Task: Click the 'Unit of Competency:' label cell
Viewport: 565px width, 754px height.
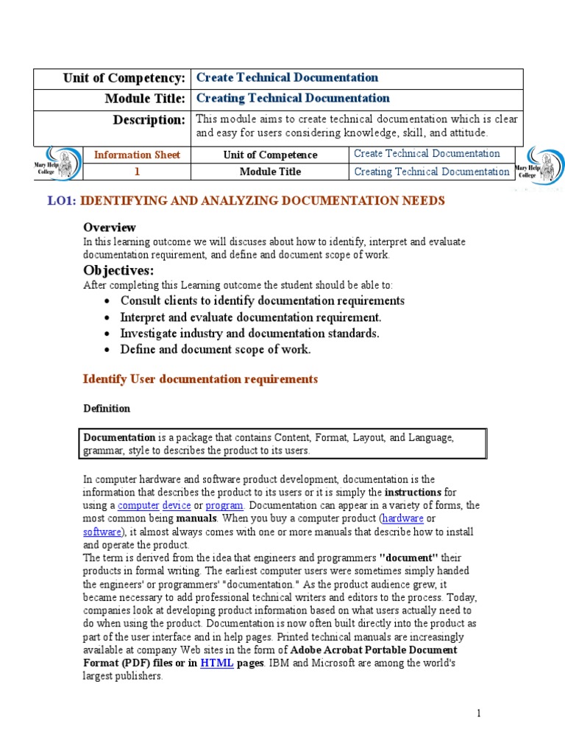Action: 124,78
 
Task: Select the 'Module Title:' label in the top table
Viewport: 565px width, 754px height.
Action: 144,99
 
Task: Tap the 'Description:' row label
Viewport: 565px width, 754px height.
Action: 149,119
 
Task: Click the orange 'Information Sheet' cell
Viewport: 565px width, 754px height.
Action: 137,155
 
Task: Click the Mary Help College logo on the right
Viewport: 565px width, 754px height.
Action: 540,165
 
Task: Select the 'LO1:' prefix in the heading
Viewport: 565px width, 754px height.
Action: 62,200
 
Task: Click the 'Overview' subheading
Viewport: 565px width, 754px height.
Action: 110,227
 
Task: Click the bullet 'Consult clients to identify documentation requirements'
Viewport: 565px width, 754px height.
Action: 263,300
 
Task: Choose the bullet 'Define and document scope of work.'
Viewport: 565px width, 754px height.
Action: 216,350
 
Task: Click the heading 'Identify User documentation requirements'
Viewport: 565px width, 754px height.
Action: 200,379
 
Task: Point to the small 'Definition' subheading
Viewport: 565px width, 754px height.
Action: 107,409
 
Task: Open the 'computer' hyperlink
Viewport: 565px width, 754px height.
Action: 138,506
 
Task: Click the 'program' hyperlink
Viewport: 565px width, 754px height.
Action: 224,506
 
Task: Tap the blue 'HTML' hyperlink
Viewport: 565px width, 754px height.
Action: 217,663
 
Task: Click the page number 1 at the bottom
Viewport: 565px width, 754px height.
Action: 478,713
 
